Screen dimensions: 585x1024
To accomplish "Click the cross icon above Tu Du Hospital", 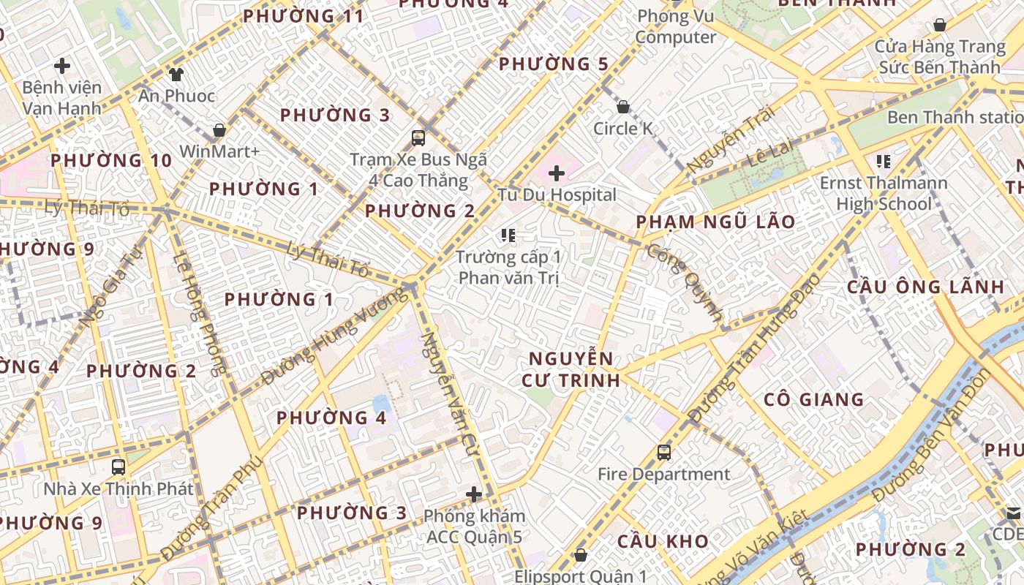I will tap(557, 173).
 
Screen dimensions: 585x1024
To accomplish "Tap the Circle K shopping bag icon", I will tap(623, 107).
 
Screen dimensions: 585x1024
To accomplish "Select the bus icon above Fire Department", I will tap(664, 453).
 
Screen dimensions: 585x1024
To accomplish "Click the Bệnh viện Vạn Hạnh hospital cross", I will tap(62, 66).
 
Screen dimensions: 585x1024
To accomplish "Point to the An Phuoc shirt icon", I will tap(176, 73).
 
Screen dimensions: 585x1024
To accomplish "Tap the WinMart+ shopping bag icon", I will tap(219, 130).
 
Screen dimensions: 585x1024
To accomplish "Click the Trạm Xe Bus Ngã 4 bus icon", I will tap(418, 137).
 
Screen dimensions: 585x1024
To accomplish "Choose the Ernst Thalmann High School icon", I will tap(883, 161).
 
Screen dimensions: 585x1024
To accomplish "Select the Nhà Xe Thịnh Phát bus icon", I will tap(118, 467).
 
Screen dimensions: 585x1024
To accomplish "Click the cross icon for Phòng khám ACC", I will tap(474, 494).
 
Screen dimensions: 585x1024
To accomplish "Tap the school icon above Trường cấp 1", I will tap(508, 235).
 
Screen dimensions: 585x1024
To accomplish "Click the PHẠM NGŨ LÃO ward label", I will tap(715, 222).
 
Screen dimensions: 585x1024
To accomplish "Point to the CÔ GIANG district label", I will tap(814, 399).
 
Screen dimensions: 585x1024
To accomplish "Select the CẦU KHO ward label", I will tap(663, 541).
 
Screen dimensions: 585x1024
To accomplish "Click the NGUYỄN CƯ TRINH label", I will tap(571, 369).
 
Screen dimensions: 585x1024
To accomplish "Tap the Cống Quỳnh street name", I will tap(684, 282).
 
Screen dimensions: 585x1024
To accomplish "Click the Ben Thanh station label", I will tap(954, 117).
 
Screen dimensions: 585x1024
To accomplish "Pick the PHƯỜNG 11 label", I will tap(304, 16).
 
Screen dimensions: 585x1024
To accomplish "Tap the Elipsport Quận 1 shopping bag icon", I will tap(581, 556).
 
